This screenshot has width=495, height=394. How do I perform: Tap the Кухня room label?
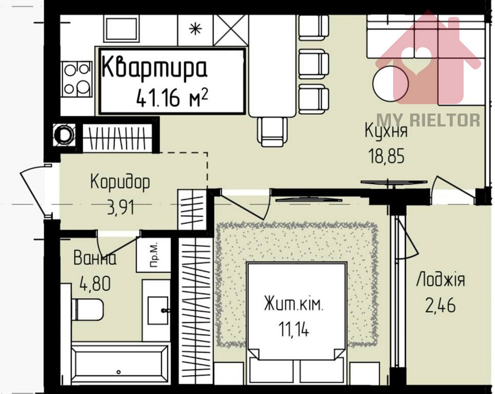click(x=386, y=132)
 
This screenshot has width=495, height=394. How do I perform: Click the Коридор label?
click(x=120, y=182)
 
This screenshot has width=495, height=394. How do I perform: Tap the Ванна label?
click(x=95, y=258)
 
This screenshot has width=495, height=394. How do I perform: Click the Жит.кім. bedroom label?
click(x=294, y=303)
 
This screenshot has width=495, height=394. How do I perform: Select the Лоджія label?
click(x=440, y=279)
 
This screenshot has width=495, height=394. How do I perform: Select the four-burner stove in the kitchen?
click(x=77, y=80)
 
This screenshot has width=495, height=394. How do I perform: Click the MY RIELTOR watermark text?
click(x=428, y=120)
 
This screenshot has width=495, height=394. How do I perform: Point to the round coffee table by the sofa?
click(x=390, y=82)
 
